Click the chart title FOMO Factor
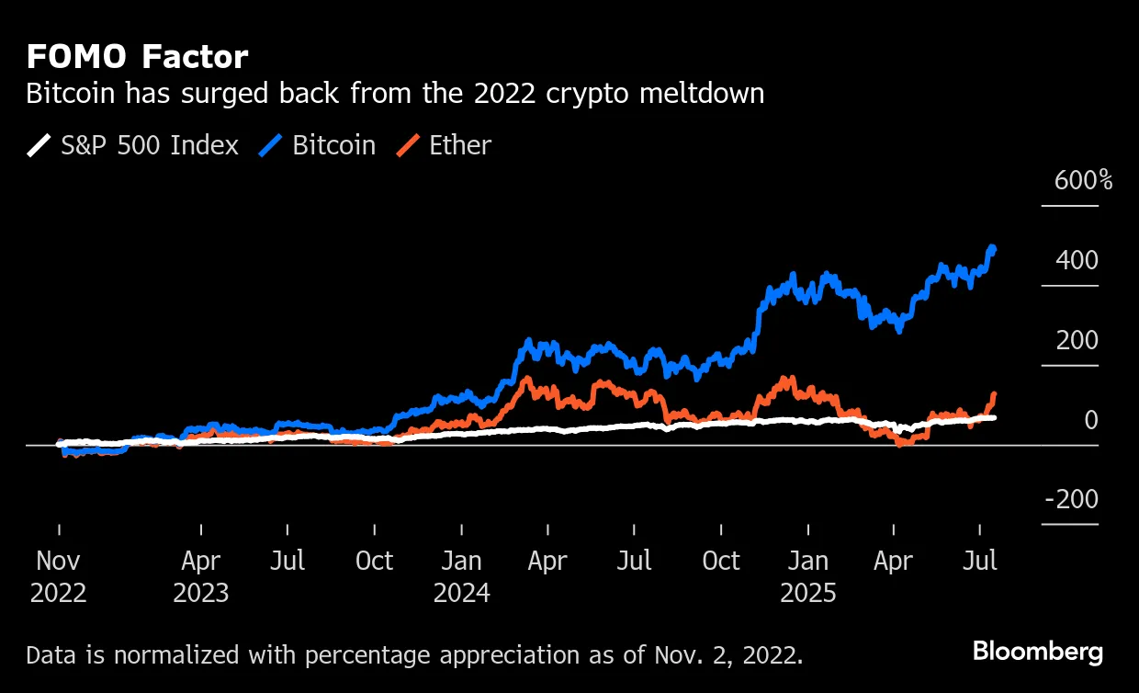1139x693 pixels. tap(137, 58)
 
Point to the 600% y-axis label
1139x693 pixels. tap(1083, 180)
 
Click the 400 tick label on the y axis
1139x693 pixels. tap(1077, 261)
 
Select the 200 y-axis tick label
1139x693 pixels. tap(1077, 341)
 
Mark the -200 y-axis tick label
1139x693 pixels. tap(1071, 500)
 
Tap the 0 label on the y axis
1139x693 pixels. tap(1090, 421)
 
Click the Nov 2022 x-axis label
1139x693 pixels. tap(59, 576)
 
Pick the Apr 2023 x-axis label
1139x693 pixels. tap(200, 576)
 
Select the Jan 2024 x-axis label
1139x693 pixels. tap(461, 576)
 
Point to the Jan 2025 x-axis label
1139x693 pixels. tap(808, 576)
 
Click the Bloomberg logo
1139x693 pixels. tap(1037, 653)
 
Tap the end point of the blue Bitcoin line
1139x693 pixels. tap(993, 248)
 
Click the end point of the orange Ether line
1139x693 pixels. tap(993, 395)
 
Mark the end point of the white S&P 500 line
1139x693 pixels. tap(993, 417)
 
